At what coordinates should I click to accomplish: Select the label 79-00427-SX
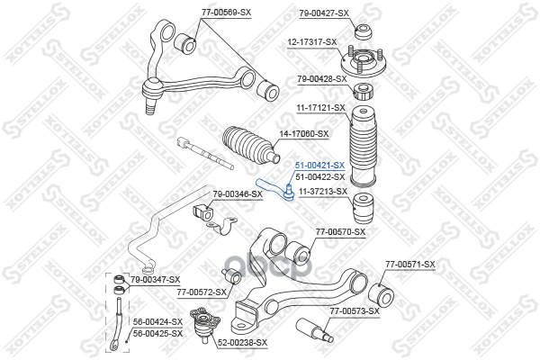(323, 12)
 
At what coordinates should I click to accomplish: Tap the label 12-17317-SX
(312, 41)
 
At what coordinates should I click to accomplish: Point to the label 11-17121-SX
(321, 107)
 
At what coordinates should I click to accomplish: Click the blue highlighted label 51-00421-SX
(319, 166)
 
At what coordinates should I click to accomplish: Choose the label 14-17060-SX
(304, 134)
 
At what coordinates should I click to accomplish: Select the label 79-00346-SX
(238, 193)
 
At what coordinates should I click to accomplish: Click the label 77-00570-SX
(340, 231)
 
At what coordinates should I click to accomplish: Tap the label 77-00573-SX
(355, 310)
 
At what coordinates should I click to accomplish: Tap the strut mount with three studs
(364, 65)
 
